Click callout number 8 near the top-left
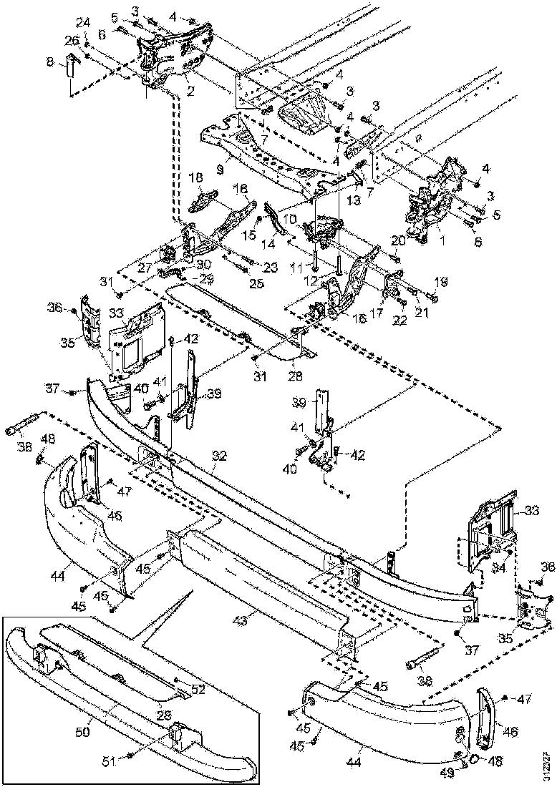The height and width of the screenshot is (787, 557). [49, 63]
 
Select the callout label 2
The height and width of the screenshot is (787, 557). [190, 91]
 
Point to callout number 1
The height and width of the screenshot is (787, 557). [442, 242]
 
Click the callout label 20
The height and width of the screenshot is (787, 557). [398, 242]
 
